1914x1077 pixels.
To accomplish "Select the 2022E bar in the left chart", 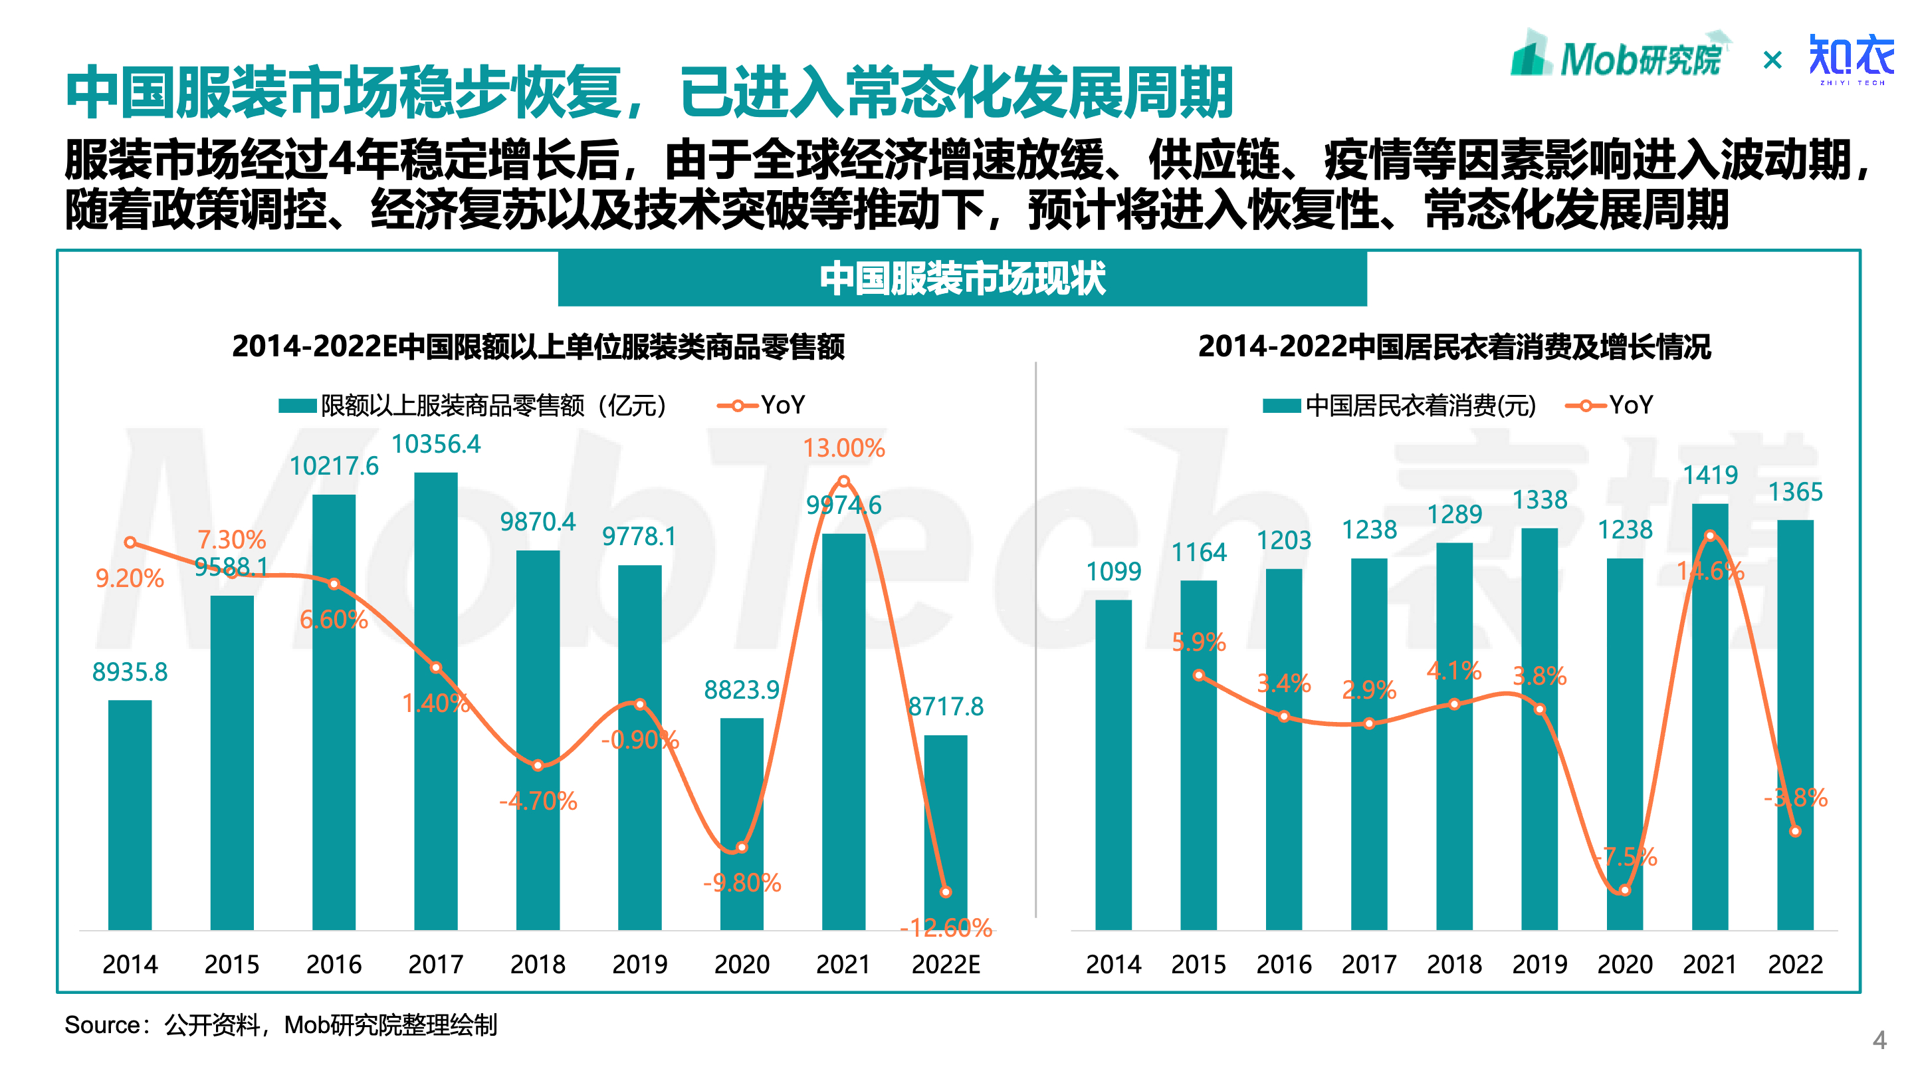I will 945,832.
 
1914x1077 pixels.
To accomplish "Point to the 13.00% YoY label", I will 843,447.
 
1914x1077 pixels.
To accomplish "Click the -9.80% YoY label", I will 742,882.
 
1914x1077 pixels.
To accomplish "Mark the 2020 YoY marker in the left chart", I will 742,848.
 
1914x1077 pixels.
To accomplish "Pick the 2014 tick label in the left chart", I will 130,964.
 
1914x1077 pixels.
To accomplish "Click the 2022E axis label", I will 945,964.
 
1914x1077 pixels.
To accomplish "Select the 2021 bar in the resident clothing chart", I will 1710,717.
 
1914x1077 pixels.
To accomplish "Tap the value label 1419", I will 1710,475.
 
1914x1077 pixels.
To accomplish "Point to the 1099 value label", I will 1113,572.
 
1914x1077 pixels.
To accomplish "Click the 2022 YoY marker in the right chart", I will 1795,832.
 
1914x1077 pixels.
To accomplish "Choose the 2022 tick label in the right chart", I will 1795,964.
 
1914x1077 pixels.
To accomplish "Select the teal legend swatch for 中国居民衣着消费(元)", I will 1281,406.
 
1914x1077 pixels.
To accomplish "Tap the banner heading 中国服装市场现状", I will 962,279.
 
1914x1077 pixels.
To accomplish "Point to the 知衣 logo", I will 1851,58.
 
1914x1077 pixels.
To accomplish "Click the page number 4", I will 1879,1039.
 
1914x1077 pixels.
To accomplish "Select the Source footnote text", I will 281,1025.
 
